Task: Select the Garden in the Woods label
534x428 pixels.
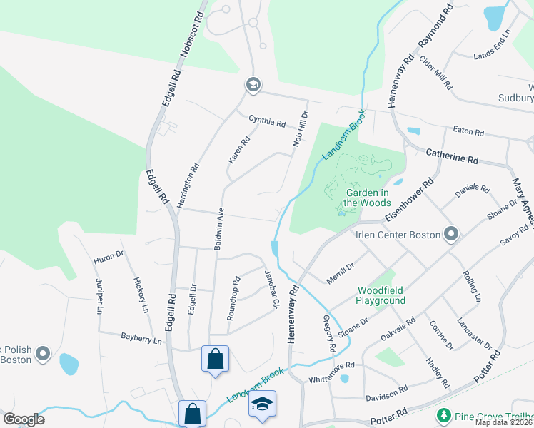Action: click(367, 197)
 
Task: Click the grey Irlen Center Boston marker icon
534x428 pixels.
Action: click(450, 234)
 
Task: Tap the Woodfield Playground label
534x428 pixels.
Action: click(381, 295)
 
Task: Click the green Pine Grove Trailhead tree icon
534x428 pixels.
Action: click(443, 414)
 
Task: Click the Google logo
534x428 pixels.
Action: click(24, 419)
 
